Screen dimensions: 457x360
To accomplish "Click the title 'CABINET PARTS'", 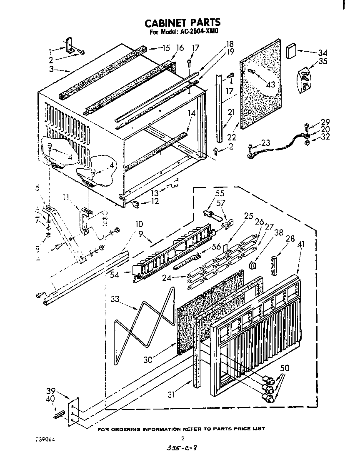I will click(x=182, y=23).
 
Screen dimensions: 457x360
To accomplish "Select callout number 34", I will click(x=322, y=53).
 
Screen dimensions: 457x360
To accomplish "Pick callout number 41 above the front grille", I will click(x=300, y=245).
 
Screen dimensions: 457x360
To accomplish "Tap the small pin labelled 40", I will click(x=58, y=415).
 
